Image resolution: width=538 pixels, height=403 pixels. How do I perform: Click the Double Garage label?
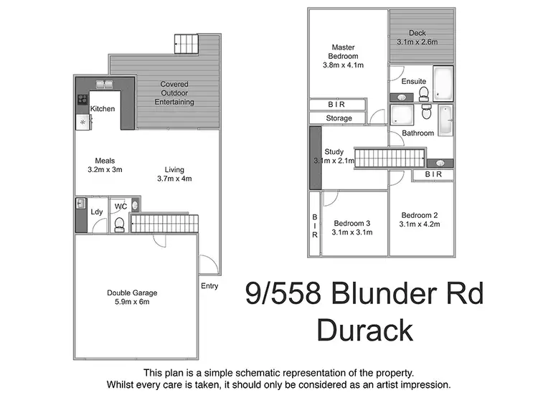pyautogui.click(x=132, y=293)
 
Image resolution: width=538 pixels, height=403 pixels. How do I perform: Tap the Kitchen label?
pyautogui.click(x=103, y=109)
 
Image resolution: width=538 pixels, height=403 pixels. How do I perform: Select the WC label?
pyautogui.click(x=121, y=207)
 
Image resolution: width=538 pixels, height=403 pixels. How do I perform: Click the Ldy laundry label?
pyautogui.click(x=96, y=212)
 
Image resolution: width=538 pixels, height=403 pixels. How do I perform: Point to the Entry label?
pyautogui.click(x=209, y=286)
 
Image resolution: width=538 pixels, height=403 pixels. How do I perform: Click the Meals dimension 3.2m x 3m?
pyautogui.click(x=105, y=170)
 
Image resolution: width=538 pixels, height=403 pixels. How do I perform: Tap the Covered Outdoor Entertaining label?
pyautogui.click(x=174, y=93)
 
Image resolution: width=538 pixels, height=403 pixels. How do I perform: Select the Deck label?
pyautogui.click(x=417, y=33)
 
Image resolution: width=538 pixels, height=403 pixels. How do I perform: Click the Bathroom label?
pyautogui.click(x=417, y=133)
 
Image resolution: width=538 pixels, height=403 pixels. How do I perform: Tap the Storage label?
pyautogui.click(x=339, y=118)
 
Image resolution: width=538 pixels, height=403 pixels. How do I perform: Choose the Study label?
pyautogui.click(x=334, y=152)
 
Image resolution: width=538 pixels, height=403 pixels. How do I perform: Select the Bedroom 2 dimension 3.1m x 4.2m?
pyautogui.click(x=420, y=224)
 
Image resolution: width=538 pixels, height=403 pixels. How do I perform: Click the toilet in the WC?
pyautogui.click(x=121, y=226)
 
